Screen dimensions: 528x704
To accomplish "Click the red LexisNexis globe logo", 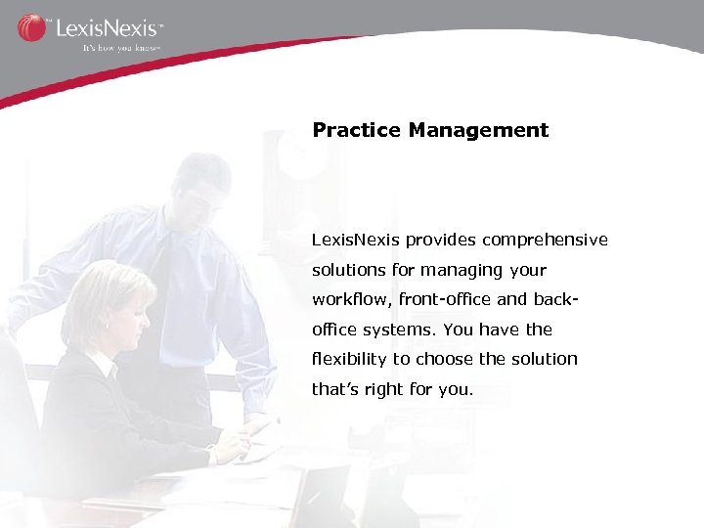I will [31, 26].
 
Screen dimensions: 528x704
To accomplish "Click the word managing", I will [456, 270].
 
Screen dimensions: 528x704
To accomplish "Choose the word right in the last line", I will [384, 389].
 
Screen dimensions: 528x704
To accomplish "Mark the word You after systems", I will [473, 330].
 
